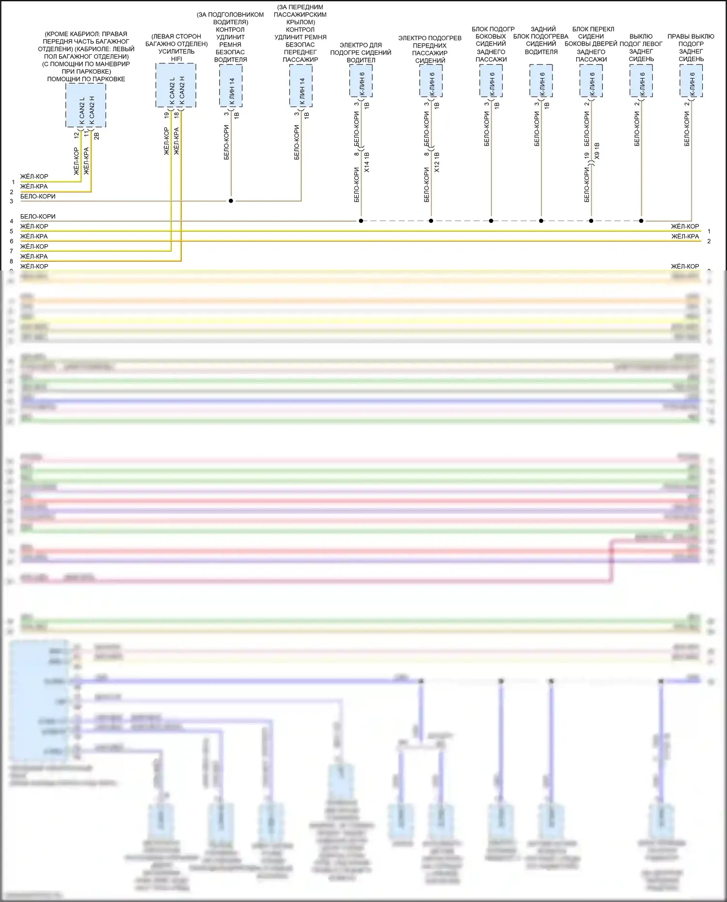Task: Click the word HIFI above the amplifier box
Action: (176, 59)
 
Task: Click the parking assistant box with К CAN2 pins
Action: (86, 105)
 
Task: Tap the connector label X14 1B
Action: (367, 162)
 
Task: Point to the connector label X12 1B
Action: (437, 162)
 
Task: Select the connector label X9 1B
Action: (597, 151)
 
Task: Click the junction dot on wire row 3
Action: (231, 201)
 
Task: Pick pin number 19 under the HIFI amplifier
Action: (166, 115)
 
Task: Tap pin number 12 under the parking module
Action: (76, 136)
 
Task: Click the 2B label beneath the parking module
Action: (96, 136)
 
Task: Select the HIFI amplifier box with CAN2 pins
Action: (175, 85)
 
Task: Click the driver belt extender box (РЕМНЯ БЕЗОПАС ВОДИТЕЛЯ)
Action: (231, 86)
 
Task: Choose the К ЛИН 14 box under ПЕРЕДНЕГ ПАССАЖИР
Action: (300, 86)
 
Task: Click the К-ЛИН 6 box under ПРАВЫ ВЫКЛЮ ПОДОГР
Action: (691, 80)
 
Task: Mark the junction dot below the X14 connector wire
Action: (361, 221)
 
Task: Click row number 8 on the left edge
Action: (12, 261)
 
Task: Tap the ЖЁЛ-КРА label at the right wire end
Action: (685, 237)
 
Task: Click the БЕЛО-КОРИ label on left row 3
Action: (38, 196)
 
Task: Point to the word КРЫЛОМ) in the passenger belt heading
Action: (300, 22)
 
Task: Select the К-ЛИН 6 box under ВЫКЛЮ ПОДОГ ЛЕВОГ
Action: (641, 80)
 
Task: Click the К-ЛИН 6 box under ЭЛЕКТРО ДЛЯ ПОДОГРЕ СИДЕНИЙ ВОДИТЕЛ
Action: (361, 80)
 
